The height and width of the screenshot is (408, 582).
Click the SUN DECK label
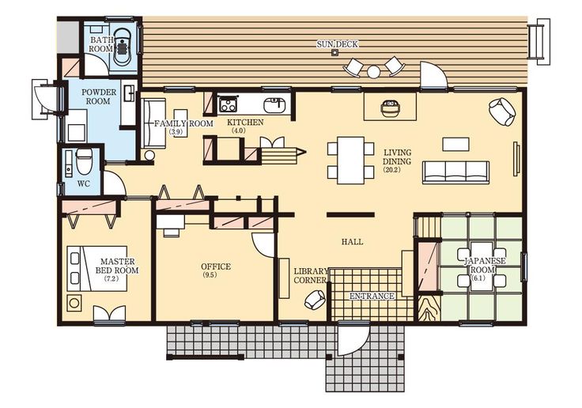(x=337, y=44)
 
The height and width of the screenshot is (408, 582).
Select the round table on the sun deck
(x=374, y=71)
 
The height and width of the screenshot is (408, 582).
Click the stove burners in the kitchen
(x=228, y=104)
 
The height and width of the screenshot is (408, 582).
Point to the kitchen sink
(x=274, y=104)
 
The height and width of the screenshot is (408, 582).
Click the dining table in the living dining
(x=350, y=161)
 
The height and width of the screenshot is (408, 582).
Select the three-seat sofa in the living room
(x=455, y=172)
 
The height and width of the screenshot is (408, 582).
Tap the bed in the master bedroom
(x=97, y=268)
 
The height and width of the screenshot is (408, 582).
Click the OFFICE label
(x=216, y=266)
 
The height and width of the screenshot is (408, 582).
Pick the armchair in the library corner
(x=315, y=300)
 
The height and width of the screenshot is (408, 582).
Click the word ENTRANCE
(x=372, y=296)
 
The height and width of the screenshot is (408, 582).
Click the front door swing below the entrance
(x=353, y=340)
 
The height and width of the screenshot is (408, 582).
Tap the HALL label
(x=352, y=242)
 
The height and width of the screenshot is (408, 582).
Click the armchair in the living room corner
(x=502, y=111)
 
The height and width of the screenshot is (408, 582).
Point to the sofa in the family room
(x=153, y=123)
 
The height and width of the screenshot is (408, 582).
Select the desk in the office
(x=171, y=221)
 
